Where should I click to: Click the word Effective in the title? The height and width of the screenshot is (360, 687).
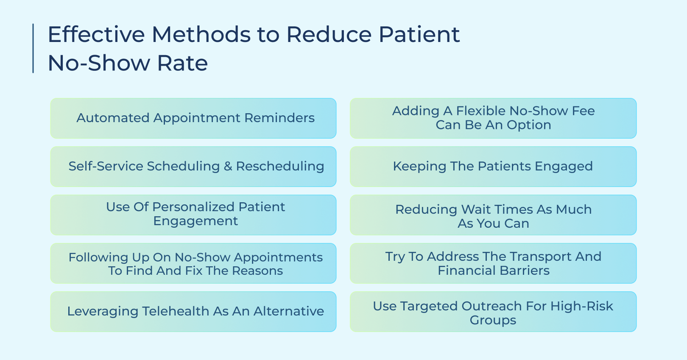[96, 35]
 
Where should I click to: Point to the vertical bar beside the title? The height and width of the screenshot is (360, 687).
[33, 48]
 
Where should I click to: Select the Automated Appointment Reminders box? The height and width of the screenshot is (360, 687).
[193, 118]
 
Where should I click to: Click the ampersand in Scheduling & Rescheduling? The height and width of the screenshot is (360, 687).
[228, 166]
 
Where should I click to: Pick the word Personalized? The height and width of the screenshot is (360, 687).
[193, 207]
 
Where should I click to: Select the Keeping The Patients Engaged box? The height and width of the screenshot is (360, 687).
[493, 167]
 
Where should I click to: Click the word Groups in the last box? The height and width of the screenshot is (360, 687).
[493, 321]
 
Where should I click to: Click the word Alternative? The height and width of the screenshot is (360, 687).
[289, 311]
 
